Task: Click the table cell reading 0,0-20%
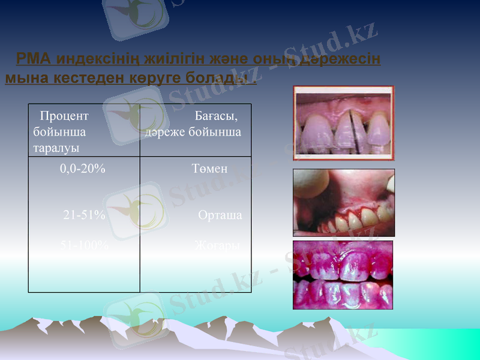pyautogui.click(x=83, y=169)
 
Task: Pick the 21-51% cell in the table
pyautogui.click(x=85, y=215)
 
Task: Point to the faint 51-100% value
pyautogui.click(x=85, y=245)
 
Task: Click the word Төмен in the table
pyautogui.click(x=209, y=169)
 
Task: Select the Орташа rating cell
pyautogui.click(x=220, y=215)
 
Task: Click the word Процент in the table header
pyautogui.click(x=64, y=116)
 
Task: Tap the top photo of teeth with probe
pyautogui.click(x=343, y=123)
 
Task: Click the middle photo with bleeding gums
pyautogui.click(x=343, y=202)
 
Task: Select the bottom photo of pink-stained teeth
pyautogui.click(x=343, y=275)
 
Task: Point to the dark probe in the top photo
pyautogui.click(x=352, y=129)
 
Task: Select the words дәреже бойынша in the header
pyautogui.click(x=193, y=132)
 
